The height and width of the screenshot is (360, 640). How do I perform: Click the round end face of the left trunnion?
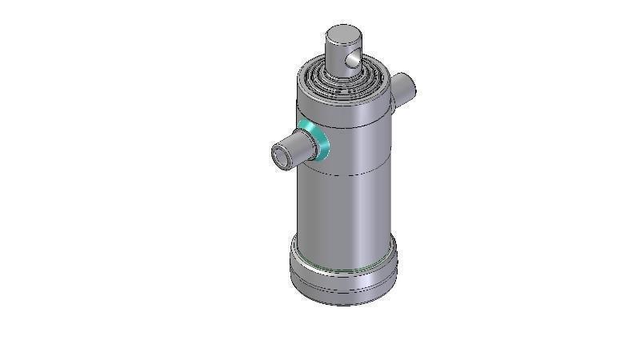pyautogui.click(x=282, y=154)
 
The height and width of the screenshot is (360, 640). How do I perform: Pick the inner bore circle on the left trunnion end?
pyautogui.click(x=281, y=155)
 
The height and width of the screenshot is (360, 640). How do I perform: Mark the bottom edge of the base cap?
pyautogui.click(x=343, y=303)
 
